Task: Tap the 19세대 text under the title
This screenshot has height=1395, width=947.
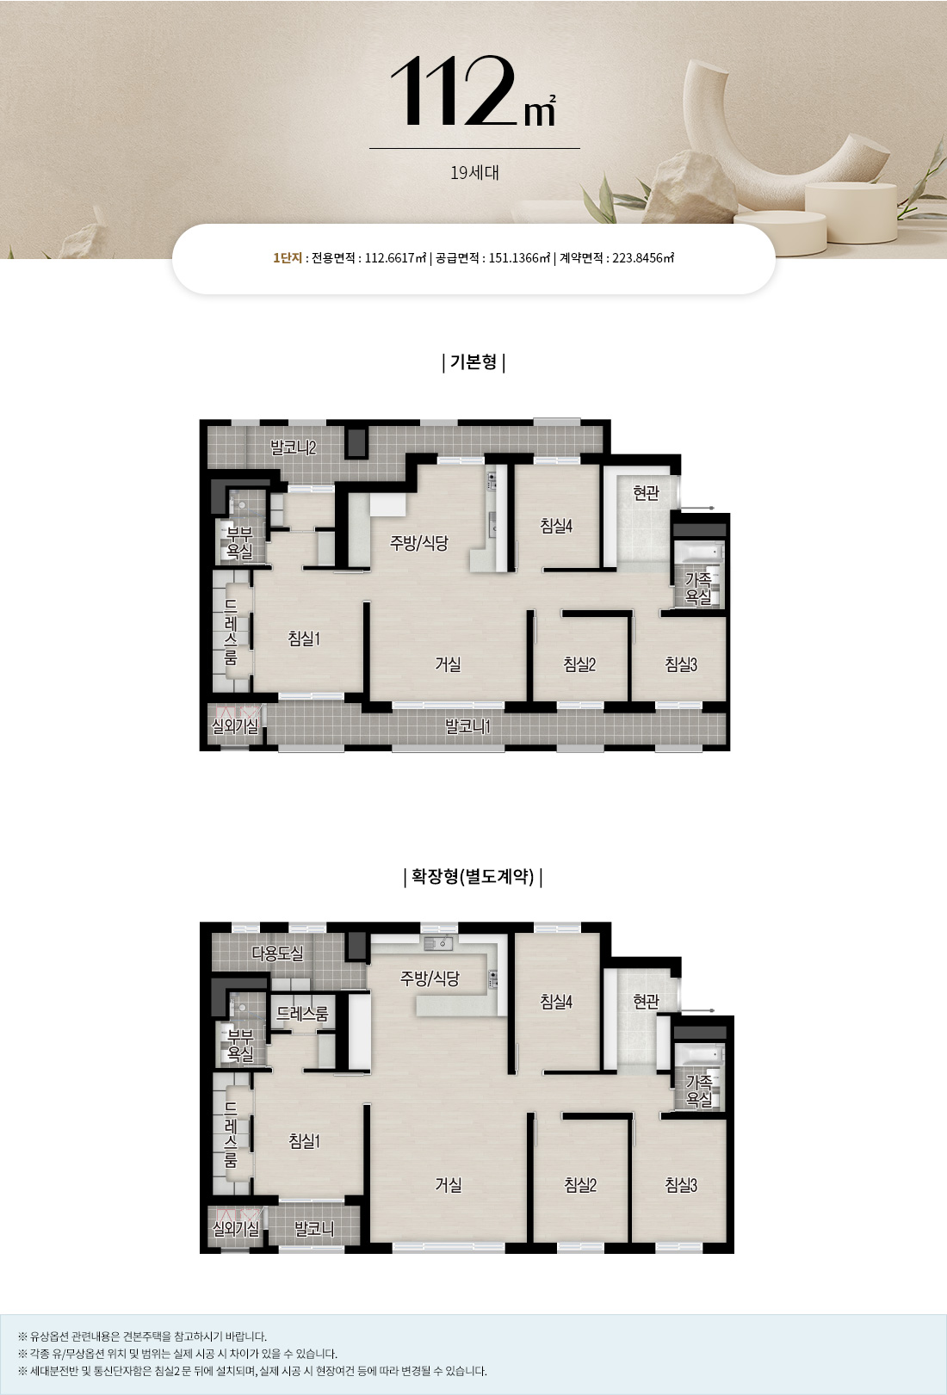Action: click(474, 172)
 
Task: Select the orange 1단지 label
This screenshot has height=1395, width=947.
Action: click(288, 258)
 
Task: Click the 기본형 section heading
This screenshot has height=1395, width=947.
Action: click(473, 361)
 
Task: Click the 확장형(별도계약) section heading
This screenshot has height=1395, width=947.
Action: click(473, 877)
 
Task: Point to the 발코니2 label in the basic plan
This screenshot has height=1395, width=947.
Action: click(294, 448)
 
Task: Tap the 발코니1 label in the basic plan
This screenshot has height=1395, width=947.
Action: click(467, 726)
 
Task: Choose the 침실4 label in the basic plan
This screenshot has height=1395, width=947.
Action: click(556, 526)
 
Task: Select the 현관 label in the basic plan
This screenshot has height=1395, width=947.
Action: click(646, 492)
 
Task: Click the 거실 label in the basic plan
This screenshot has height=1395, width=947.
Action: click(448, 664)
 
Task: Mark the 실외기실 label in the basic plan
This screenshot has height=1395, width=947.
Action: click(235, 725)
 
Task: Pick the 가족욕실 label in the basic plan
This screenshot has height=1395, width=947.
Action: click(698, 588)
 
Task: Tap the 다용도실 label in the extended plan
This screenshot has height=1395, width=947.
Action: click(278, 952)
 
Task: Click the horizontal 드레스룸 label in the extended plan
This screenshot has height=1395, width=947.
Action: click(303, 1014)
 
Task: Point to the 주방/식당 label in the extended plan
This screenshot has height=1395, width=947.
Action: click(430, 978)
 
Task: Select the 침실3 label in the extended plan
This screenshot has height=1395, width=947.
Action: click(681, 1184)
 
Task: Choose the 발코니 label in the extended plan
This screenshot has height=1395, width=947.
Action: click(314, 1228)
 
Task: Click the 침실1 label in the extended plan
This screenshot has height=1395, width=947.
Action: click(305, 1141)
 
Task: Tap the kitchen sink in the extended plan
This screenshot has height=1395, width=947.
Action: click(438, 943)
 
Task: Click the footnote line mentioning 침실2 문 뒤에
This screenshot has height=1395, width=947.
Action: click(252, 1371)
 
